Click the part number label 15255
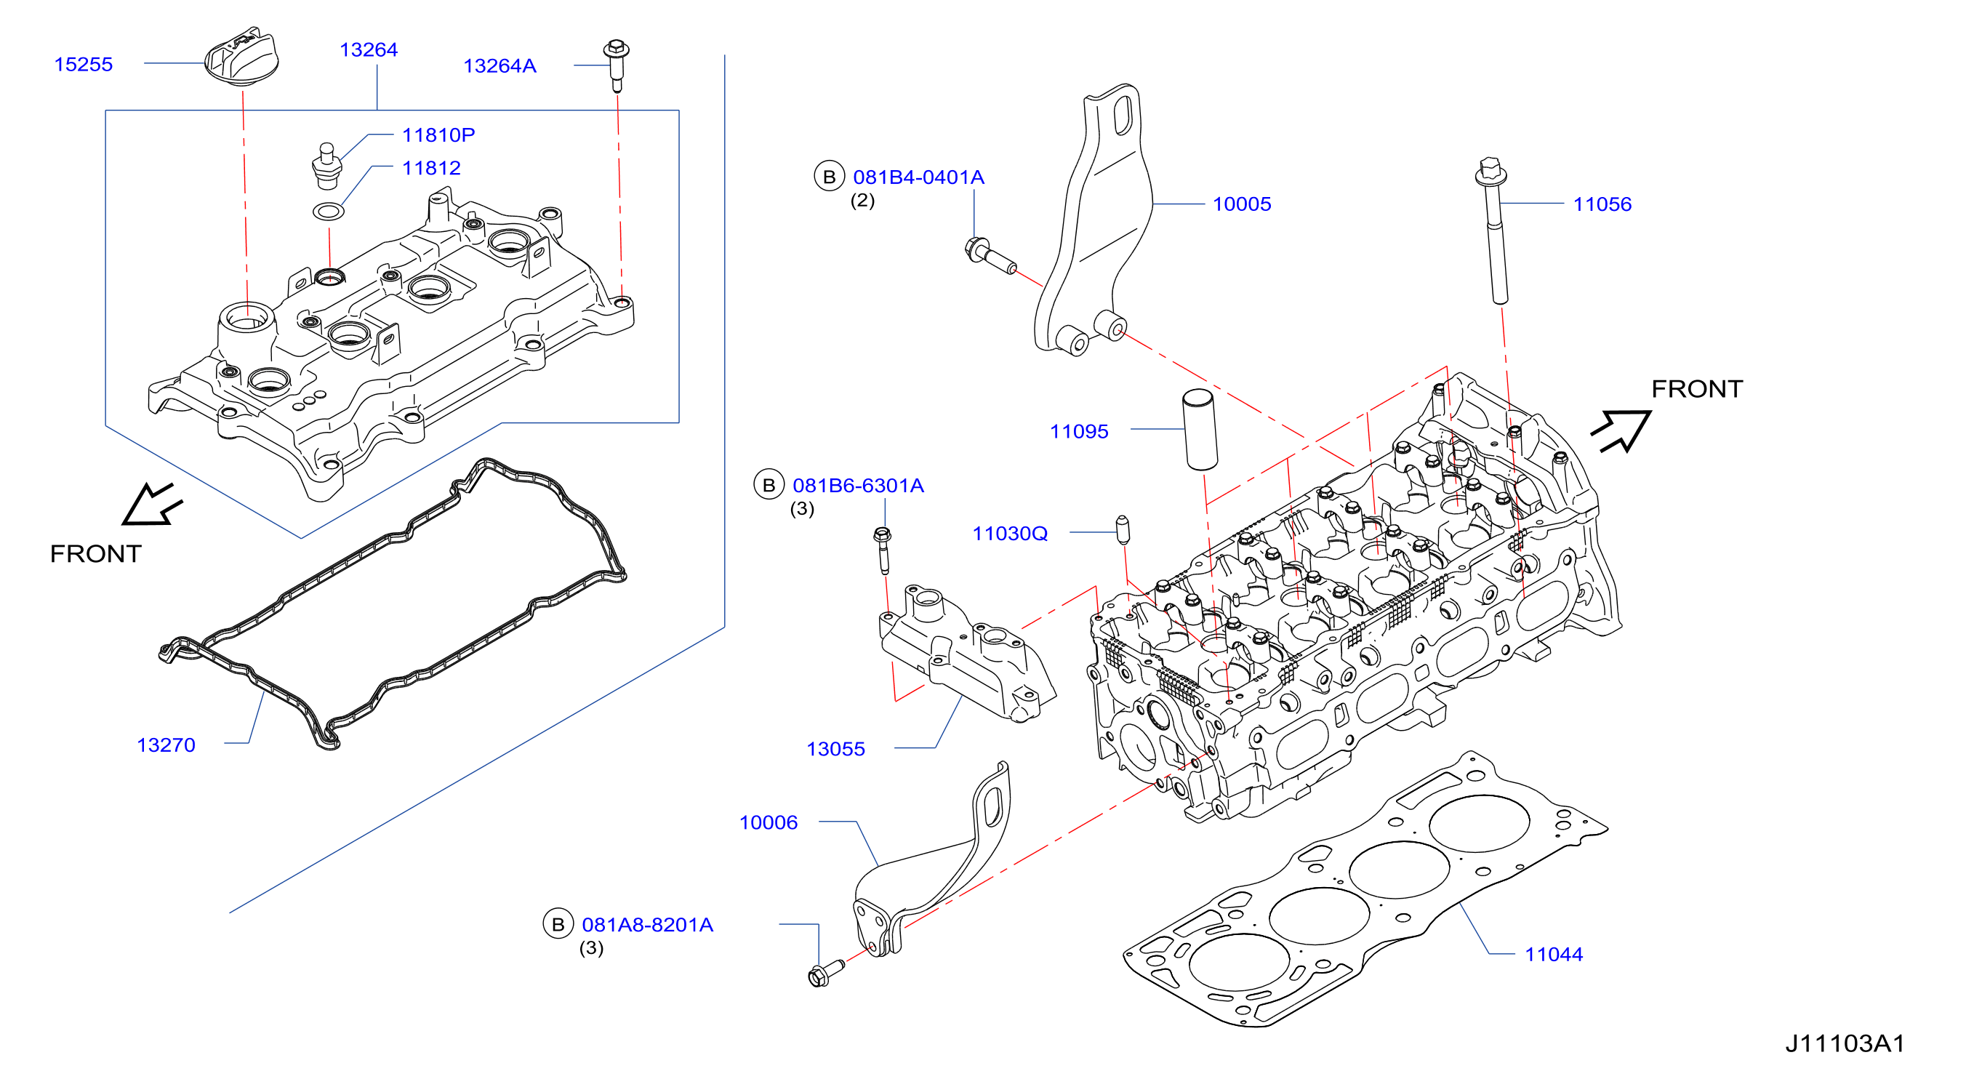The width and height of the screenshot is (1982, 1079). pyautogui.click(x=83, y=64)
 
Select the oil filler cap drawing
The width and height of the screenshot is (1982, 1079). pyautogui.click(x=241, y=57)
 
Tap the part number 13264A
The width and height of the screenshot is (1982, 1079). pyautogui.click(x=499, y=65)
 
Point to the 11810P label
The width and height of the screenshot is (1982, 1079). pyautogui.click(x=438, y=135)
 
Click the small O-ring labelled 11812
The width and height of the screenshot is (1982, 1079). pyautogui.click(x=329, y=210)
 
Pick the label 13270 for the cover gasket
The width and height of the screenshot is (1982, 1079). pyautogui.click(x=166, y=745)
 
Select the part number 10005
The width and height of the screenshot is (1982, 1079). pyautogui.click(x=1242, y=204)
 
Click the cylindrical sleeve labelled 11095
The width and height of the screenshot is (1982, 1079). pyautogui.click(x=1200, y=430)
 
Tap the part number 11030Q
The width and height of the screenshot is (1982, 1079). pyautogui.click(x=1009, y=534)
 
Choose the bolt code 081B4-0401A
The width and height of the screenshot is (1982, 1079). pyautogui.click(x=919, y=177)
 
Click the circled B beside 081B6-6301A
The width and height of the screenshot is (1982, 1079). pyautogui.click(x=769, y=485)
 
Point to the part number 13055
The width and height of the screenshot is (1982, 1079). pyautogui.click(x=835, y=749)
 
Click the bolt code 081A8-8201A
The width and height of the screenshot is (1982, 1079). pyautogui.click(x=647, y=924)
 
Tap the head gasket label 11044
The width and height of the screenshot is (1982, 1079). pyautogui.click(x=1554, y=955)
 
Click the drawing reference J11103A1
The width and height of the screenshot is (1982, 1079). pyautogui.click(x=1845, y=1043)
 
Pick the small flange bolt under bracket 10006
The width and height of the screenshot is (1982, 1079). pyautogui.click(x=825, y=972)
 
